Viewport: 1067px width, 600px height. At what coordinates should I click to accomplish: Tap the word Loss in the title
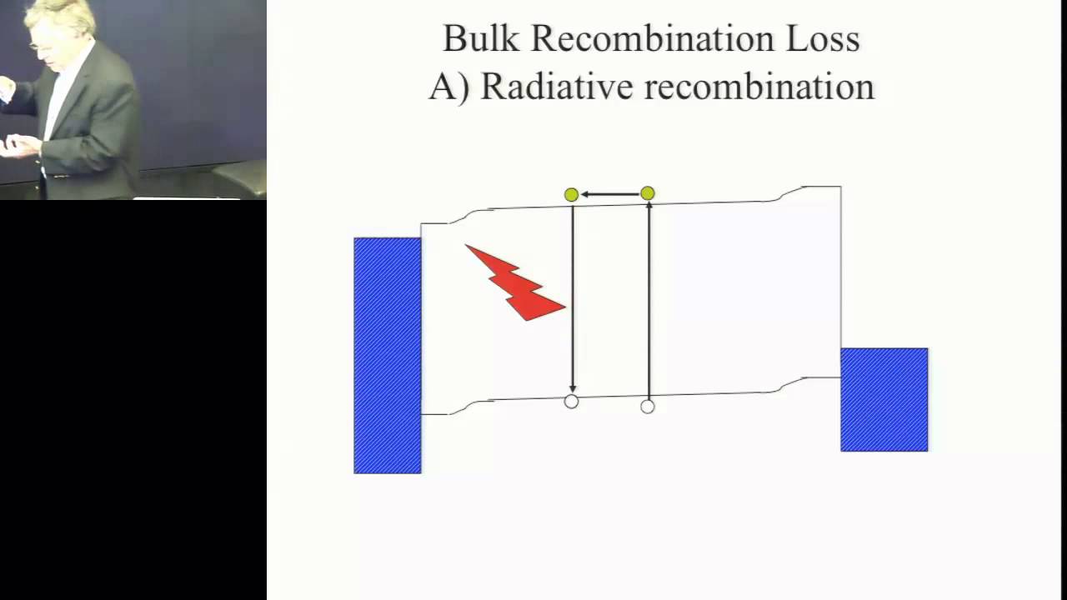825,38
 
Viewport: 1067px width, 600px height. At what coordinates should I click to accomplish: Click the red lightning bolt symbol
516,284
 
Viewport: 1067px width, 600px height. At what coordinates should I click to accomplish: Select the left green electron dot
571,194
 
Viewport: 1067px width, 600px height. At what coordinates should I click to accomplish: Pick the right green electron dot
648,194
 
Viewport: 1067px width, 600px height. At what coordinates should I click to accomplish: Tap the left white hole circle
571,402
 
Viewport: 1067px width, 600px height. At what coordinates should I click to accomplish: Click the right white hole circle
648,407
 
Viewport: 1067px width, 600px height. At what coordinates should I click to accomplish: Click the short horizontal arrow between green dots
609,194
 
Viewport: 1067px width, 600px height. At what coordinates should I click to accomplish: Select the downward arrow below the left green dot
572,300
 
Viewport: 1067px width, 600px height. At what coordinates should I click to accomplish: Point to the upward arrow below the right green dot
649,300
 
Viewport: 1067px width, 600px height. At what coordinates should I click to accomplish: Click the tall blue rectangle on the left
388,356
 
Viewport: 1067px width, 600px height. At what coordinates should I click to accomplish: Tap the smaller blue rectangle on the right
884,400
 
